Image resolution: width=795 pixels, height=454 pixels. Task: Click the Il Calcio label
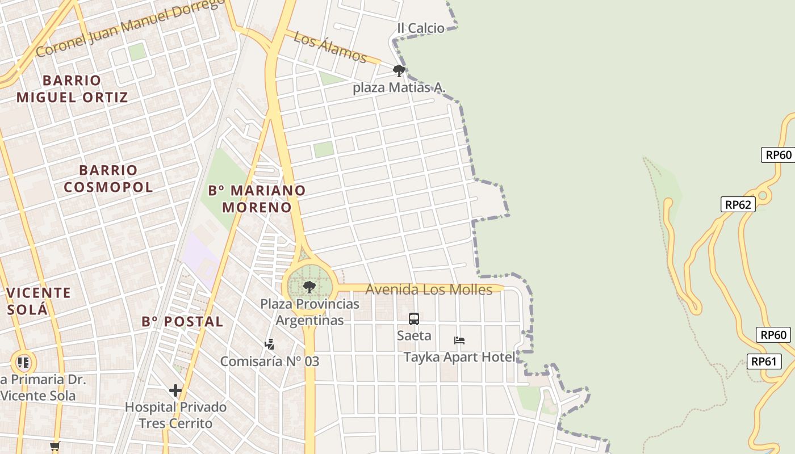[421, 28]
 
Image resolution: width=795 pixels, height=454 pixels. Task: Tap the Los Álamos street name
[331, 47]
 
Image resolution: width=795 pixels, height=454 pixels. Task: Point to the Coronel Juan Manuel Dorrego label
[130, 27]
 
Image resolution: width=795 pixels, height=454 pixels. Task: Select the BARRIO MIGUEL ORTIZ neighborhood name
[72, 89]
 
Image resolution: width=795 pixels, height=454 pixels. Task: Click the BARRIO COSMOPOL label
[108, 178]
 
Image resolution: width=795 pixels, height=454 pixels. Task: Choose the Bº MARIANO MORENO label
[257, 199]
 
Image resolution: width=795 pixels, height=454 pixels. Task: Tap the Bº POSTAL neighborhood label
[182, 322]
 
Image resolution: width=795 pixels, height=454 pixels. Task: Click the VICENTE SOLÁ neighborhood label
[39, 301]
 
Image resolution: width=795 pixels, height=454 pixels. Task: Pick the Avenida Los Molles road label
[429, 289]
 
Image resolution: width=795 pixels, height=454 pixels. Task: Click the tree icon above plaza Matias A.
[399, 71]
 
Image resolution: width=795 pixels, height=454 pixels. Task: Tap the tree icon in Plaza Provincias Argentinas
[309, 287]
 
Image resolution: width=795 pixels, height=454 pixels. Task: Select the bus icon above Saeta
[414, 319]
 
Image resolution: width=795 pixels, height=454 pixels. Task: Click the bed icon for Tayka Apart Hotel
[459, 340]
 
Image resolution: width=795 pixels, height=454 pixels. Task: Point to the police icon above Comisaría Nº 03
[270, 344]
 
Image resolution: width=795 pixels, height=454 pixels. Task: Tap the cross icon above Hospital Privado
[175, 390]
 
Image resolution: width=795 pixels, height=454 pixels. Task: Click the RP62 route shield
[738, 204]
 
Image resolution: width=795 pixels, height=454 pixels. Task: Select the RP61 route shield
[764, 361]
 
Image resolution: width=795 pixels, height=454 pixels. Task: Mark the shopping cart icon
[55, 447]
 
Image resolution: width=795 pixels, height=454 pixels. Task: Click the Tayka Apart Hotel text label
[459, 357]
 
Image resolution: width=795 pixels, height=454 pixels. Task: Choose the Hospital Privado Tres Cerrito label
[175, 415]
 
